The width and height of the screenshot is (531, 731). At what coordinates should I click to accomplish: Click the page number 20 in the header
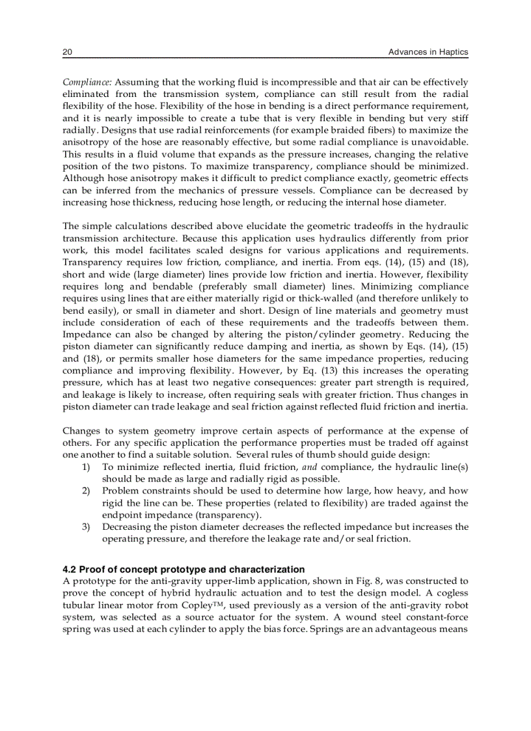[66, 51]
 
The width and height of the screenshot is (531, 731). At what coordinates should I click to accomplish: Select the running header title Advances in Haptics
[428, 51]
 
